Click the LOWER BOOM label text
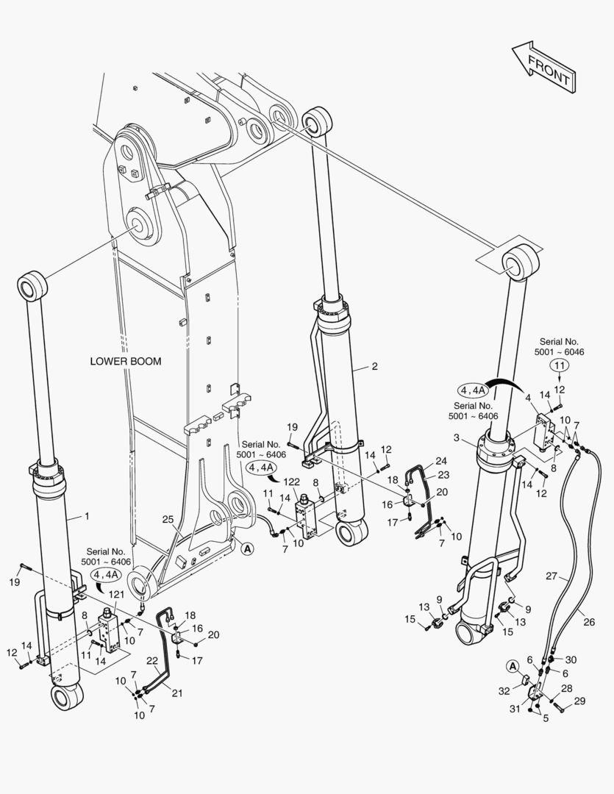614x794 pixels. pyautogui.click(x=126, y=361)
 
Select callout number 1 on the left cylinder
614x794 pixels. pyautogui.click(x=87, y=516)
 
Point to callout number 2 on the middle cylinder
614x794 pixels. pyautogui.click(x=374, y=365)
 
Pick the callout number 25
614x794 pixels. pyautogui.click(x=169, y=520)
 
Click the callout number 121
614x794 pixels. pyautogui.click(x=116, y=593)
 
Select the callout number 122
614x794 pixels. pyautogui.click(x=293, y=482)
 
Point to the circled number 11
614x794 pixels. pyautogui.click(x=560, y=365)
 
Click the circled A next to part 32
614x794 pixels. pyautogui.click(x=512, y=665)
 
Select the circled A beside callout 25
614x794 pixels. pyautogui.click(x=246, y=548)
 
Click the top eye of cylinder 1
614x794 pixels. pyautogui.click(x=32, y=286)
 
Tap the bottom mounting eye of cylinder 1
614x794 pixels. pyautogui.click(x=67, y=695)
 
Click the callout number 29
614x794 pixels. pyautogui.click(x=580, y=702)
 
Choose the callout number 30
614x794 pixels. pyautogui.click(x=571, y=659)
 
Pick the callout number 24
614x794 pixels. pyautogui.click(x=440, y=461)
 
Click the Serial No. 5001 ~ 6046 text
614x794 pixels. pyautogui.click(x=560, y=347)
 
